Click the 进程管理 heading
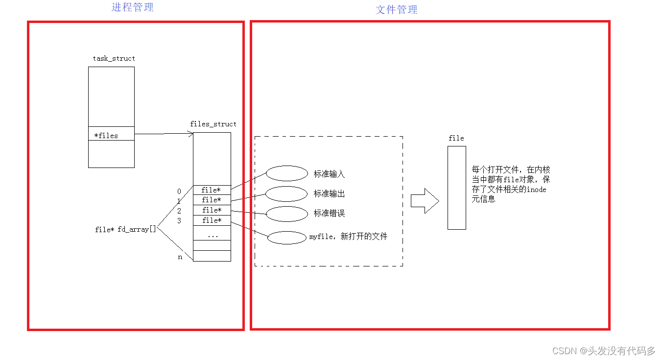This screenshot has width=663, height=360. pyautogui.click(x=133, y=7)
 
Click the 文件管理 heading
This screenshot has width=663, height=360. pyautogui.click(x=396, y=10)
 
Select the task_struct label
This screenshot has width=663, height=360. pyautogui.click(x=114, y=58)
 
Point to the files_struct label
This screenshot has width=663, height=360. pyautogui.click(x=213, y=124)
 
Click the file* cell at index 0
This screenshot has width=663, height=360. pyautogui.click(x=212, y=190)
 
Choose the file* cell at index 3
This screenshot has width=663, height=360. pyautogui.click(x=212, y=220)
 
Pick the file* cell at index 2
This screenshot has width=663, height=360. pyautogui.click(x=212, y=210)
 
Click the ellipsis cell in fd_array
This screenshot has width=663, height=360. pyautogui.click(x=212, y=235)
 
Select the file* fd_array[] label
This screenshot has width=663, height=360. pyautogui.click(x=125, y=229)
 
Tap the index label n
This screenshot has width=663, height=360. pyautogui.click(x=180, y=257)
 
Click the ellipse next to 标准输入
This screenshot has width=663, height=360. pyautogui.click(x=287, y=173)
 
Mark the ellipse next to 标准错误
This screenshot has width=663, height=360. pyautogui.click(x=286, y=214)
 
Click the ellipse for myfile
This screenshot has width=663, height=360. pyautogui.click(x=287, y=238)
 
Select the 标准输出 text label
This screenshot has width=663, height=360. pyautogui.click(x=329, y=194)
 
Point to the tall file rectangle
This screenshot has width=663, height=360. pyautogui.click(x=456, y=188)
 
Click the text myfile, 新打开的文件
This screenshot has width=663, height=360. pyautogui.click(x=348, y=237)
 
